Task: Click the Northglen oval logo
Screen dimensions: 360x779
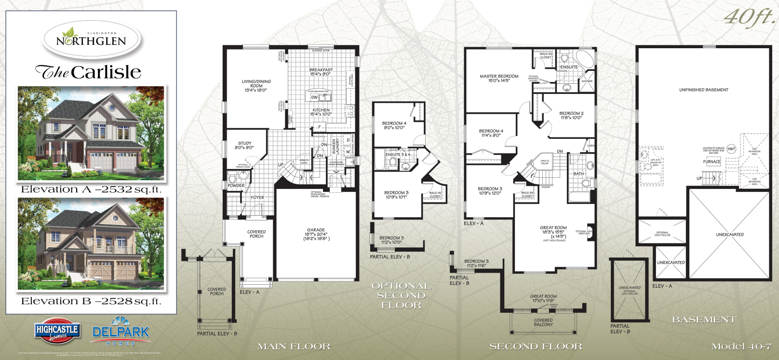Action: (x=91, y=40)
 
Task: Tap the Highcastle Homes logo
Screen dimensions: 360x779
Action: (x=57, y=332)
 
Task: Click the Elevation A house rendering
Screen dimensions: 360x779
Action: (x=91, y=133)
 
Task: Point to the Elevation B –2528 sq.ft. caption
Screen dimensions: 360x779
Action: (x=91, y=301)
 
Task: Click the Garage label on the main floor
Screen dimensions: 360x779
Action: (x=316, y=234)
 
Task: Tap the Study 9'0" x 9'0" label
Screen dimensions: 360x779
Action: (x=244, y=145)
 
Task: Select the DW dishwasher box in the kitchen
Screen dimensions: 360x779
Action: (x=314, y=97)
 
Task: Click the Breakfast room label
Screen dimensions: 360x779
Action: (x=321, y=72)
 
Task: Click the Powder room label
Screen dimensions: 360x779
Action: (x=236, y=186)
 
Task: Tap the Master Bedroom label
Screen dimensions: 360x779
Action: (x=499, y=78)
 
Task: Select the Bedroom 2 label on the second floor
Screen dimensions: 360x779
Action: (x=571, y=115)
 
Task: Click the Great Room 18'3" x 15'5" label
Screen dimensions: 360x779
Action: (x=553, y=232)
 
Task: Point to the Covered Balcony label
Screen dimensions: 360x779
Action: (x=543, y=322)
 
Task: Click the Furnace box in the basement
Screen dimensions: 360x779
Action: (x=712, y=162)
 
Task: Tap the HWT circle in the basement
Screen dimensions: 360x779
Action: (x=731, y=149)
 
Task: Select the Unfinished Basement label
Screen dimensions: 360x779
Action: (x=703, y=90)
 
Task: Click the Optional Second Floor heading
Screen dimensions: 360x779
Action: (x=401, y=295)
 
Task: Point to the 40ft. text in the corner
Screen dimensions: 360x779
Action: (x=749, y=17)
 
